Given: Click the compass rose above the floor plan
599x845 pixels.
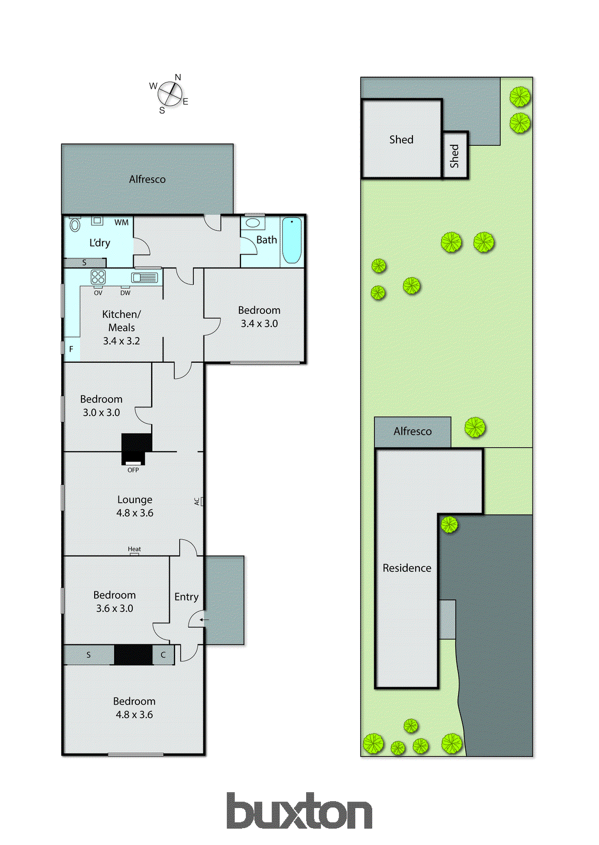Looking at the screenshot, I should point(170,94).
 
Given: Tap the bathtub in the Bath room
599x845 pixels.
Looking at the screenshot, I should point(291,240).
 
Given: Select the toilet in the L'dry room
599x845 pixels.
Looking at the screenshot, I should point(75,225).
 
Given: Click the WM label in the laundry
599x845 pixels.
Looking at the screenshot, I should point(121,222).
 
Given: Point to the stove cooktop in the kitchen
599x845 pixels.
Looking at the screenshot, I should point(98,277).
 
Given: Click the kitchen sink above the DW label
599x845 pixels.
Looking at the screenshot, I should point(144,277).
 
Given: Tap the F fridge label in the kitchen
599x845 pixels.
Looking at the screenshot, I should point(71,349).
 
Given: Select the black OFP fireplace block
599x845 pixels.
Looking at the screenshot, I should point(136,448).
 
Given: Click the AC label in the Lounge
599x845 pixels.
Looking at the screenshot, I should point(197,501).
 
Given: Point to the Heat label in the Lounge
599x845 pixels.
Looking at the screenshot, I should point(134,549).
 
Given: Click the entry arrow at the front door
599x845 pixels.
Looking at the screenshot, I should point(204,619).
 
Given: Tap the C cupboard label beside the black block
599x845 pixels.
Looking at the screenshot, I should point(163,655).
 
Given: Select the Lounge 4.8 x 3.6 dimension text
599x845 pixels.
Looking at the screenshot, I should point(135,513).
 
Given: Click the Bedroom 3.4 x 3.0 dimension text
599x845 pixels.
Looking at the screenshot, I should point(259,324).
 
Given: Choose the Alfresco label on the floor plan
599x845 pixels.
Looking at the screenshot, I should point(147,180).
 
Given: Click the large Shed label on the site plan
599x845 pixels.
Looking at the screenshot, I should point(401,140).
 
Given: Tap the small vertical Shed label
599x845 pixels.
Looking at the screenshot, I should point(455,156).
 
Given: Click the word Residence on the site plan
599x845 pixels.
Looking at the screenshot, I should point(407,568).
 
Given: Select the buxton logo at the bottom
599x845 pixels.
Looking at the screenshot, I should point(299,811).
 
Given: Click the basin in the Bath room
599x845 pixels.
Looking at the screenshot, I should point(253,223).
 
